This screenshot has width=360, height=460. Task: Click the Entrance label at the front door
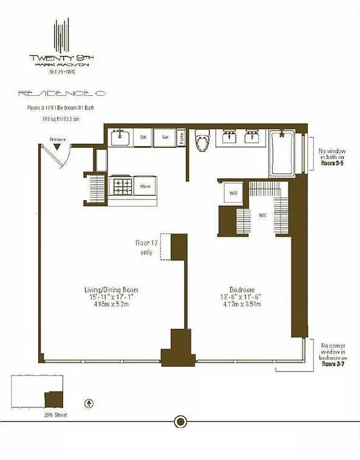(58, 139)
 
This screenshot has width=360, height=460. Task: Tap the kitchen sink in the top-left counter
(121, 138)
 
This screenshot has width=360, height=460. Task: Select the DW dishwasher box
(143, 137)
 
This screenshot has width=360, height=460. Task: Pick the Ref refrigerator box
(164, 137)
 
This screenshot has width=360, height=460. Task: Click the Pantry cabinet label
(181, 138)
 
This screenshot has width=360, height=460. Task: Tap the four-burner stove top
(122, 186)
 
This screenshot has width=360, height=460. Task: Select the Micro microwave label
(146, 186)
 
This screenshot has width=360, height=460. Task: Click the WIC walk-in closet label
(262, 216)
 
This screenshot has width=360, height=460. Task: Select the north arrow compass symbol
(89, 403)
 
